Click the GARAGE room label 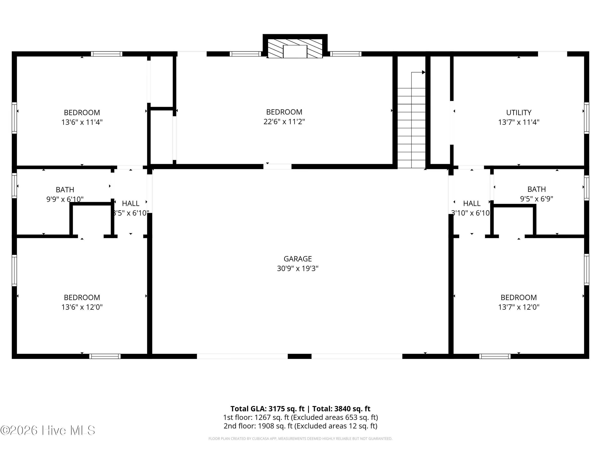297,259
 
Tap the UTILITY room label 518,112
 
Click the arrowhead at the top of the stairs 423,72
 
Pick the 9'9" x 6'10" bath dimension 65,199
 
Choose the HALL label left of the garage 130,203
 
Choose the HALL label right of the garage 472,203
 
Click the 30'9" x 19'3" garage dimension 297,269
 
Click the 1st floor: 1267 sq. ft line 300,417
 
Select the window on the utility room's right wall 587,118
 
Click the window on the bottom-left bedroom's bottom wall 105,356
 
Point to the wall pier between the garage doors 299,356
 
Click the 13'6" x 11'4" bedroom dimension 82,122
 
